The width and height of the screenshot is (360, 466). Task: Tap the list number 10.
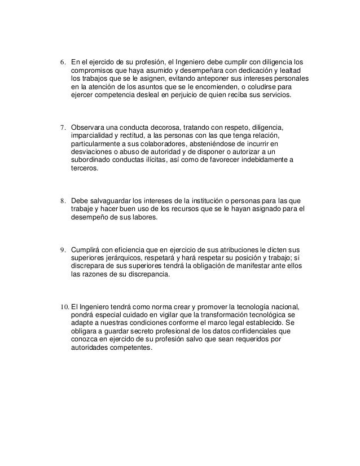64,306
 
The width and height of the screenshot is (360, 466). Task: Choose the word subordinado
92,160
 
